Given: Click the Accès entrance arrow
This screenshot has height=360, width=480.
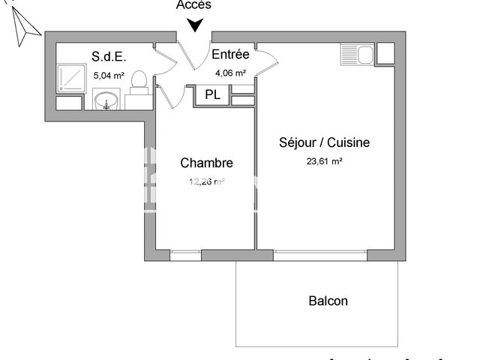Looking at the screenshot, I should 195,25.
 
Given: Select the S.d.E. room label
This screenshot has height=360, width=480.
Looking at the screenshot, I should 107,56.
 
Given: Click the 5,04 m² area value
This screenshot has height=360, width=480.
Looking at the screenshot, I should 108,75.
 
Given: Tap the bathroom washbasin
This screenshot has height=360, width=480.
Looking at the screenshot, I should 108,100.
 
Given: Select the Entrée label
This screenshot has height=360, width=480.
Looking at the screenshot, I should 231,55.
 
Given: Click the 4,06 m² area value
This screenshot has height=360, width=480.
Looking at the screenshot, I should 231,73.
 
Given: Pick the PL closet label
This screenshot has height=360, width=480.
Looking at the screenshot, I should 212,95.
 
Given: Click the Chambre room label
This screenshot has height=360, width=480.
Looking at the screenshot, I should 206,163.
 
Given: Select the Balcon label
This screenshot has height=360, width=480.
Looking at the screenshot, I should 328,301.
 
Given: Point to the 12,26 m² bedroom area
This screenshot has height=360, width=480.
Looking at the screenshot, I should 206,181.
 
